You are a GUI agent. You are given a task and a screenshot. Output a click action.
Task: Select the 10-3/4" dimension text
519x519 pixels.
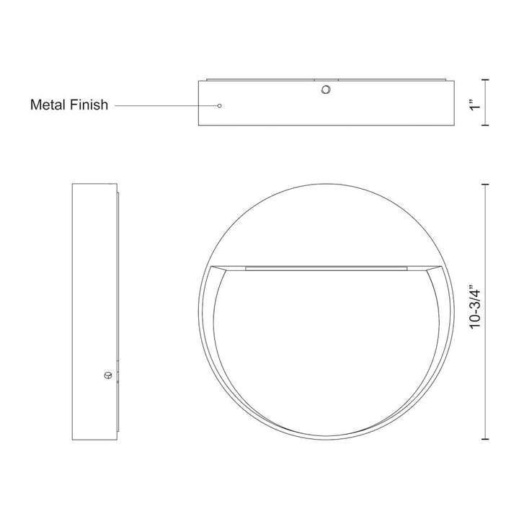[474, 310]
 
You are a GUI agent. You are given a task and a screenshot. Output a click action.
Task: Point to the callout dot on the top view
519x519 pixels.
[219, 105]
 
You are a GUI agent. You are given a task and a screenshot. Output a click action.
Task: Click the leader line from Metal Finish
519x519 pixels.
[166, 105]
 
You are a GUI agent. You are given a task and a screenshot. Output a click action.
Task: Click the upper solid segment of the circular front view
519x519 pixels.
[324, 223]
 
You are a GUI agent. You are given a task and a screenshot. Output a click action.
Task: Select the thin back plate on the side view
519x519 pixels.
[117, 310]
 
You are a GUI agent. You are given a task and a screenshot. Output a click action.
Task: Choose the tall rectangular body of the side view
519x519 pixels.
[92, 310]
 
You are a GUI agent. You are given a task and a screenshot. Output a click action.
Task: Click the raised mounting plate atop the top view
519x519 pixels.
[324, 79]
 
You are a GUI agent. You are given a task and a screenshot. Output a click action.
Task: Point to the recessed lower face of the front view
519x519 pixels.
[324, 346]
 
